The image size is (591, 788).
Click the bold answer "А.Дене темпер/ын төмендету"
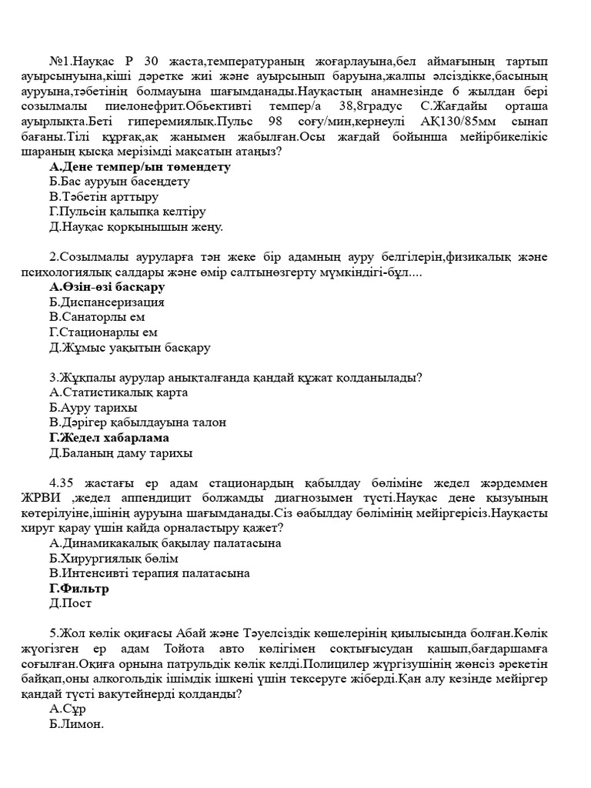coord(139,166)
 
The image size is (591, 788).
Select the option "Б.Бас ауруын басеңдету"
coord(119,182)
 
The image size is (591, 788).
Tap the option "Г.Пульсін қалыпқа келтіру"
coord(127,212)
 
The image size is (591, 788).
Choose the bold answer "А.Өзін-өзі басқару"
coord(107,287)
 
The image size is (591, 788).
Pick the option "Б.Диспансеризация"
coord(106,302)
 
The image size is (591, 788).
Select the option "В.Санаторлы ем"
coord(97,317)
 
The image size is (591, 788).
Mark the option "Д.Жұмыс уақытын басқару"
coord(129,348)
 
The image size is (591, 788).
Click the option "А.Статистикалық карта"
coord(119,392)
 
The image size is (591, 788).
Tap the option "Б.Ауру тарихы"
coord(93,408)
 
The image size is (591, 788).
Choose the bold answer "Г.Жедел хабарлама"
coord(109,438)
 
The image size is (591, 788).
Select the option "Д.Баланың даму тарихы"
coord(121,453)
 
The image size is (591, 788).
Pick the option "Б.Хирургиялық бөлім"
coord(113,559)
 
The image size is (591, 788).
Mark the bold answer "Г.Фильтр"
coord(78,589)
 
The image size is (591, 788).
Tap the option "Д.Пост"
coord(70,604)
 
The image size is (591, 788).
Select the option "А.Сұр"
coord(67,709)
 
